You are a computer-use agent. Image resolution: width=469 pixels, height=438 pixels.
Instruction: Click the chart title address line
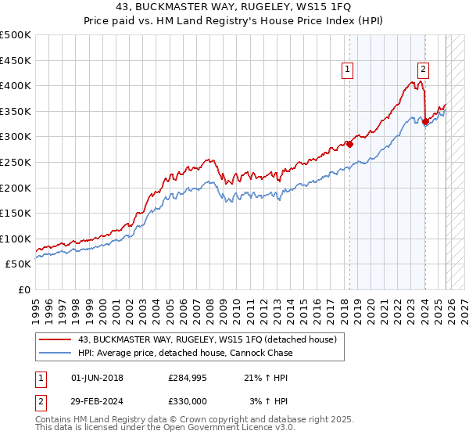point(234,9)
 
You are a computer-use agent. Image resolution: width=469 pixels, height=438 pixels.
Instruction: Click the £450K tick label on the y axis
point(16,59)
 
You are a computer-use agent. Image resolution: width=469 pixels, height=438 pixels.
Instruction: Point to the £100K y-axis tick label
point(16,239)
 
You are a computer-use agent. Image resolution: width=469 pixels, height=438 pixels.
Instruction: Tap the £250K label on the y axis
point(16,162)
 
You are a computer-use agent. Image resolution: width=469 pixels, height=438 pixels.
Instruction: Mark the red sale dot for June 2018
point(350,144)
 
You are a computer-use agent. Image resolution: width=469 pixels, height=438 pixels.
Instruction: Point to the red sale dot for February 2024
point(425,121)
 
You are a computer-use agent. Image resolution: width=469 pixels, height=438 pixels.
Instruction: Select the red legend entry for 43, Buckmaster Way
point(207,339)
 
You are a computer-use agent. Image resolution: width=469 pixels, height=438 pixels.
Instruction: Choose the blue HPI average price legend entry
point(185,353)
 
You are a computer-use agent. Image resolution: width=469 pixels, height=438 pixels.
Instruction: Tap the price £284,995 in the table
point(188,378)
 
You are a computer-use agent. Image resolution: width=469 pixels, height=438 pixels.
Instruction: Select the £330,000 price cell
point(188,400)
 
